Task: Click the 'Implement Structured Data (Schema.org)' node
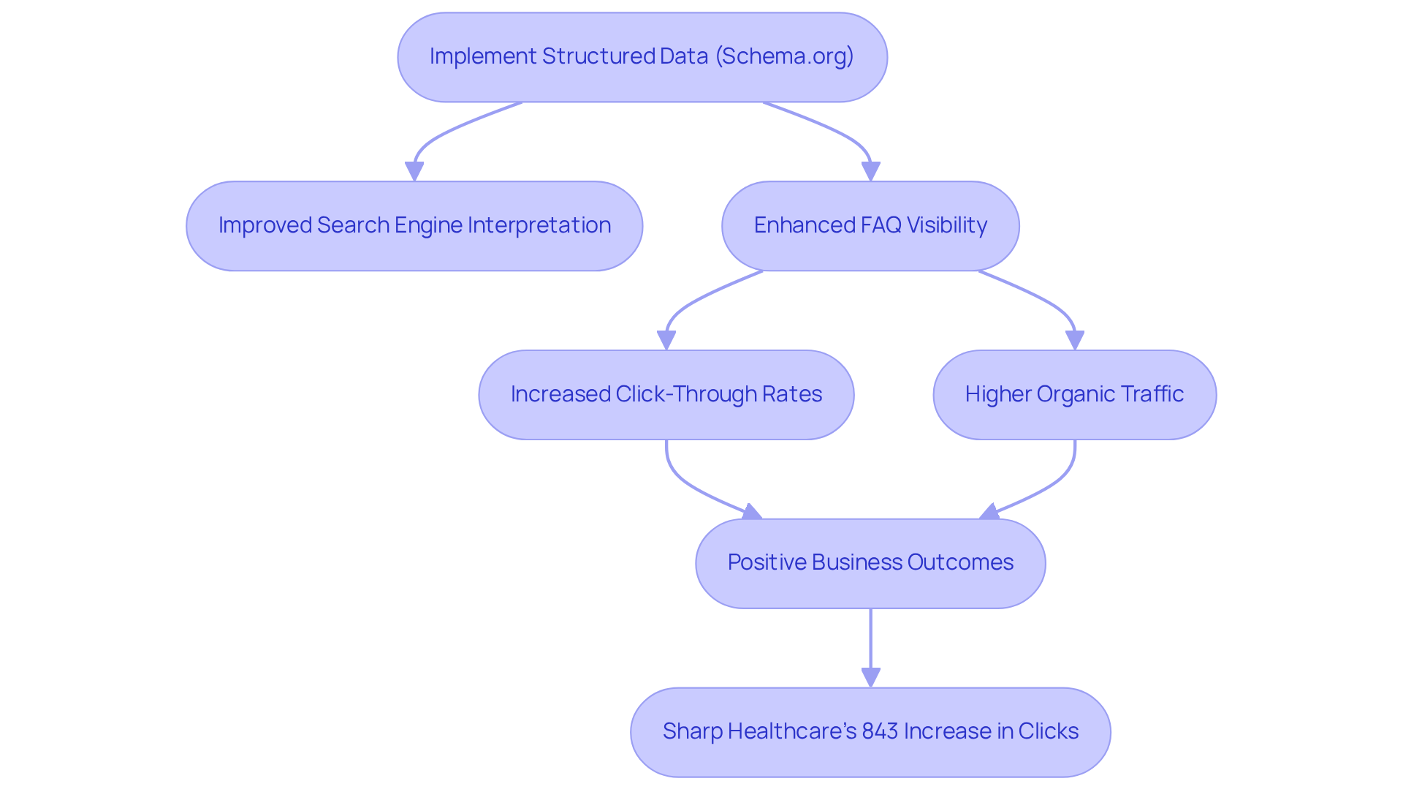(x=642, y=57)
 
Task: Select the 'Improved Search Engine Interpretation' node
(x=414, y=226)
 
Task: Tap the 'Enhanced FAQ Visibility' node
(x=870, y=226)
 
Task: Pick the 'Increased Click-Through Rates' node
(x=666, y=395)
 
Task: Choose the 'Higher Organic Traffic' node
(x=1074, y=395)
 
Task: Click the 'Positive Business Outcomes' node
(x=870, y=563)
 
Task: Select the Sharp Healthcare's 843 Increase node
(x=870, y=732)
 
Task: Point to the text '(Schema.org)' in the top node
(x=784, y=56)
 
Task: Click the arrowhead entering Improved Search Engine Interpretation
(x=414, y=171)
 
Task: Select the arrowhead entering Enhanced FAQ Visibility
(x=870, y=171)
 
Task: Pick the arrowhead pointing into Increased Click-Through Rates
(x=666, y=340)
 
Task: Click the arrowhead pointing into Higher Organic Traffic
(x=1074, y=340)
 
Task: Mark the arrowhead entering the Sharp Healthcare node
(x=870, y=677)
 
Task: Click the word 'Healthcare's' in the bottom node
(x=791, y=731)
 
